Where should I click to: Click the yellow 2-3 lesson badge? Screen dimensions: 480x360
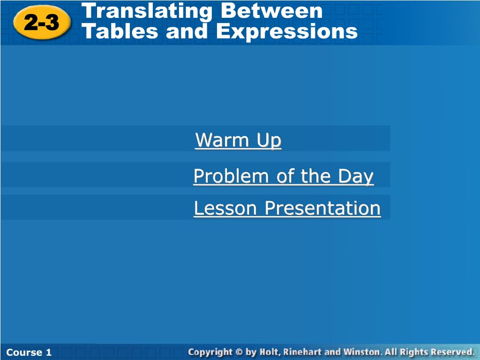42,22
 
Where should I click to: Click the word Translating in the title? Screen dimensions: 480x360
147,11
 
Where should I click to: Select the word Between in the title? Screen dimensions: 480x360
271,11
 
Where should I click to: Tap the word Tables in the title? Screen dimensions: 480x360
120,31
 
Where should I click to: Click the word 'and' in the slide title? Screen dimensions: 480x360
187,31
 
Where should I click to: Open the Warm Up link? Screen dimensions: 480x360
238,140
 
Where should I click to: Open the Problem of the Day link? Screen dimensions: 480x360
284,176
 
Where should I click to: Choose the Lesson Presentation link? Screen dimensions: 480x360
287,208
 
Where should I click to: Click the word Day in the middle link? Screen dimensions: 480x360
356,176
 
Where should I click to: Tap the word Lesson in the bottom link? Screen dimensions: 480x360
225,208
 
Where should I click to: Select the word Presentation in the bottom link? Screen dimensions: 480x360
322,208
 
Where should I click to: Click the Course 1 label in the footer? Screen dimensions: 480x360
29,352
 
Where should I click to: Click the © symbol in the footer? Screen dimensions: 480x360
240,352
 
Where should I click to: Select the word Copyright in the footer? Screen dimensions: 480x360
210,352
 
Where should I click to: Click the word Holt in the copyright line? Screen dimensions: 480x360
270,352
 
